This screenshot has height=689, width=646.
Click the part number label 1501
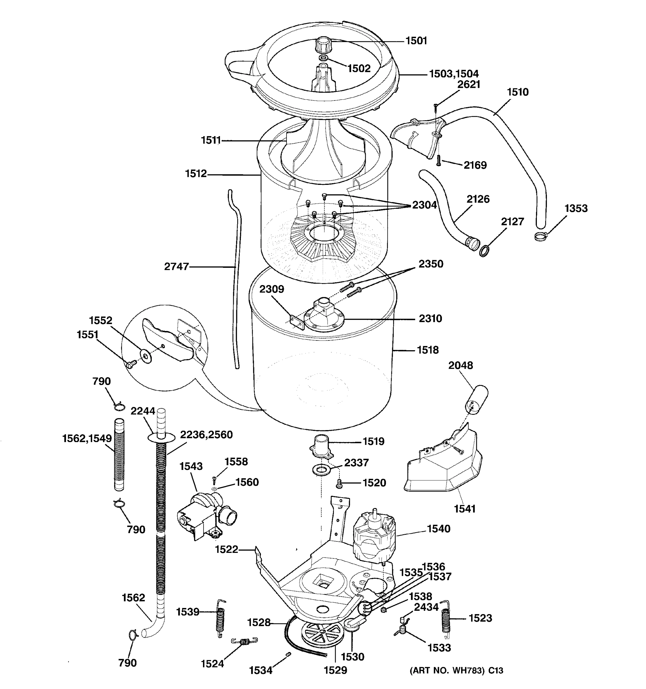tap(416, 41)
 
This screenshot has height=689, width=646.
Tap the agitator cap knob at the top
tap(322, 44)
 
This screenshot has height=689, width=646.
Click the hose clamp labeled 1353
tap(541, 237)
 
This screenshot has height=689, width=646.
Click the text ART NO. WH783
tap(447, 680)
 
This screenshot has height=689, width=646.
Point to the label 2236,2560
tap(206, 435)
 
